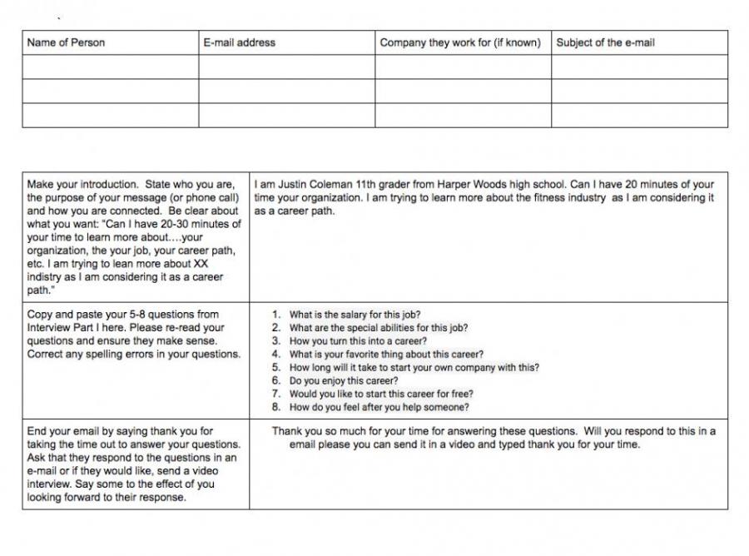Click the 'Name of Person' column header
[x=67, y=42]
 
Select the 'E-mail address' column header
[x=239, y=42]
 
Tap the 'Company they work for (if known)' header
[x=459, y=42]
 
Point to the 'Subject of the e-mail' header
[x=605, y=42]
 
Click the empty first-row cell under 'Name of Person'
[x=110, y=67]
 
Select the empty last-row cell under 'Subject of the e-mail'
[x=639, y=115]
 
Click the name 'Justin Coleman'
[x=301, y=185]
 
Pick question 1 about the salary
[x=355, y=315]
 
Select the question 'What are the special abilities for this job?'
[x=379, y=328]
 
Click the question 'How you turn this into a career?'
[x=358, y=341]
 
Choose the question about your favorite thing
[x=386, y=355]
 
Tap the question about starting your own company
[x=414, y=368]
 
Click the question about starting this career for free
[x=381, y=395]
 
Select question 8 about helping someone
[x=379, y=408]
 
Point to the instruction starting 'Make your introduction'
[x=134, y=237]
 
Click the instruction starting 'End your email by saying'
[x=133, y=464]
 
